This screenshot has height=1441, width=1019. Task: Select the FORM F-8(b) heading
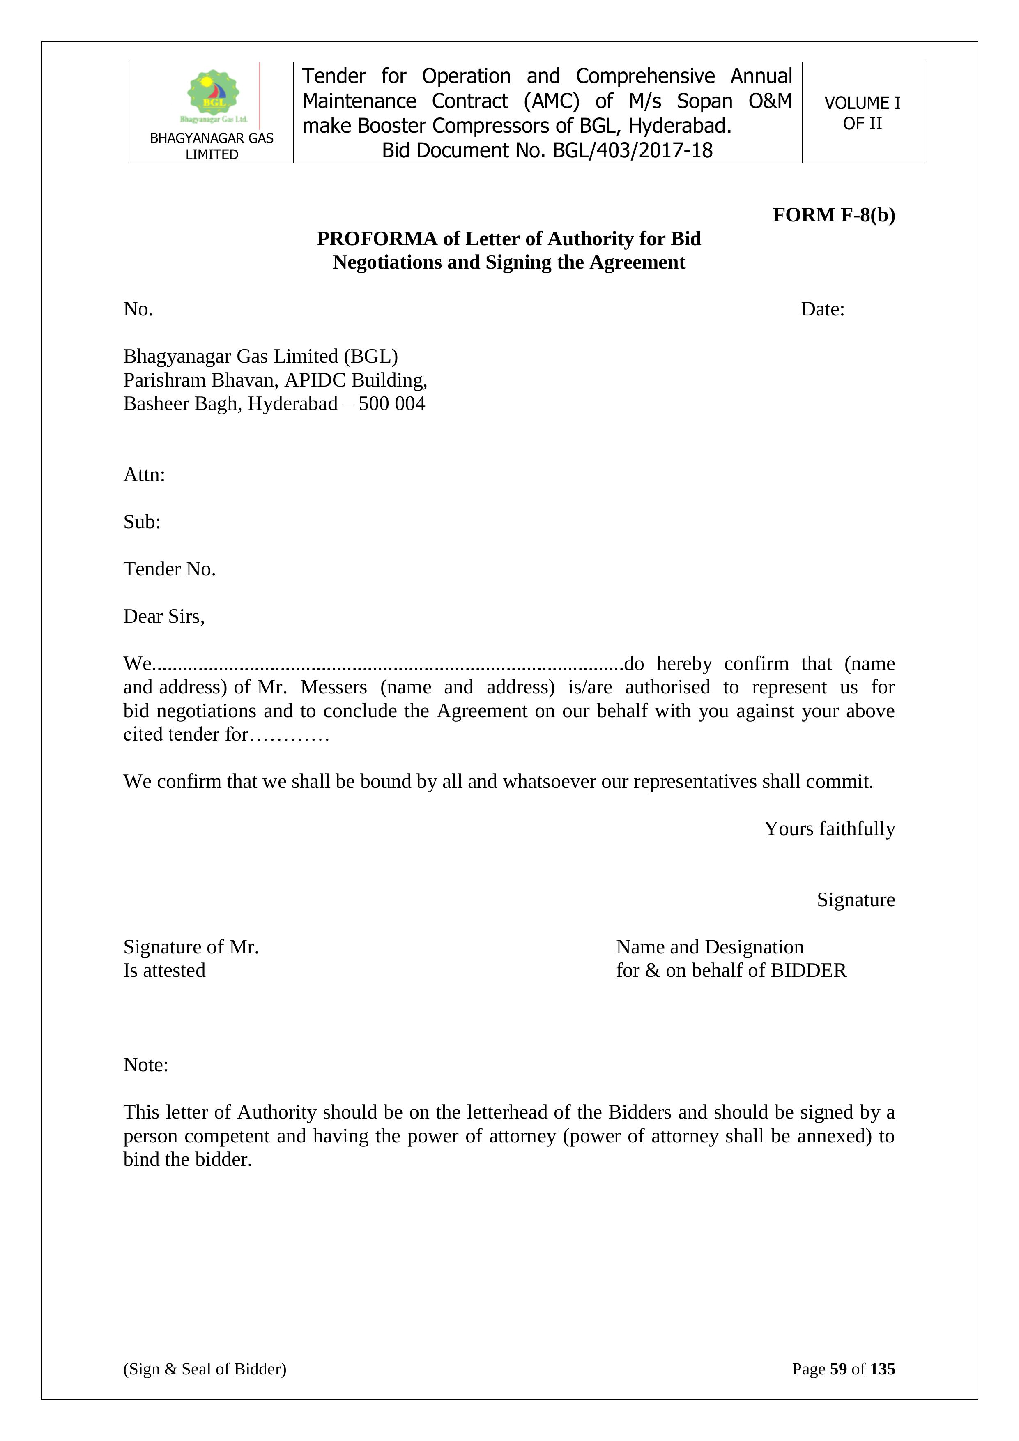click(x=833, y=215)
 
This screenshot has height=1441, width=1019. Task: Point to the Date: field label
click(x=823, y=309)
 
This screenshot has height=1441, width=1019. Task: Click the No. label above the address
click(x=138, y=309)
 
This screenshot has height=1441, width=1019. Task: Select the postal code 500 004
click(x=392, y=403)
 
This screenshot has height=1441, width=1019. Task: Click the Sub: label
click(x=142, y=522)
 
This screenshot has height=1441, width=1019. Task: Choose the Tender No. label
click(x=169, y=569)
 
